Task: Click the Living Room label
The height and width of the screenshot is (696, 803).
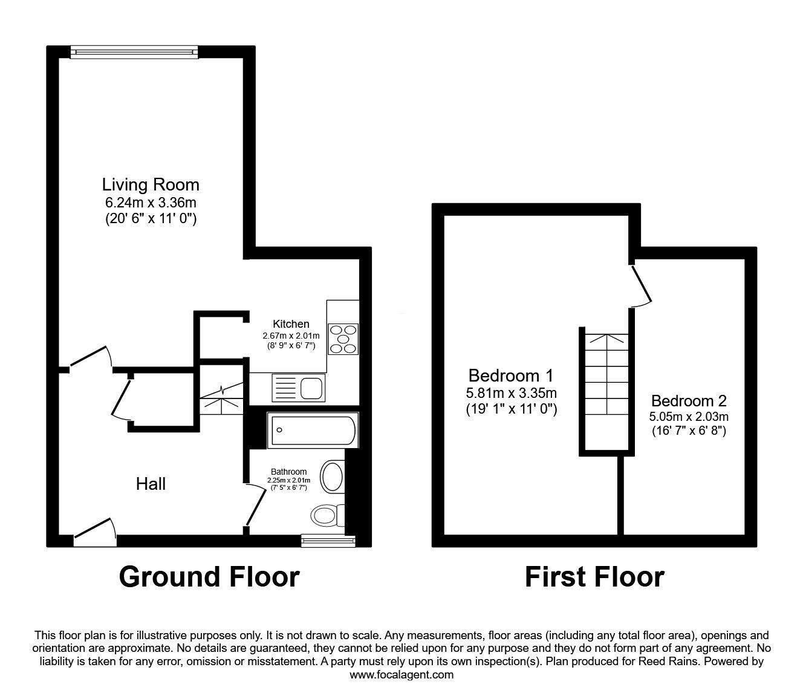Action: pyautogui.click(x=151, y=184)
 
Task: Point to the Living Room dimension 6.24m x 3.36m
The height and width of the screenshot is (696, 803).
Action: pyautogui.click(x=151, y=202)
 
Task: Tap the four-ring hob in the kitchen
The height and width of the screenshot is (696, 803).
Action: pyautogui.click(x=343, y=339)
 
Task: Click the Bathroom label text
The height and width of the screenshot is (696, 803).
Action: pyautogui.click(x=288, y=472)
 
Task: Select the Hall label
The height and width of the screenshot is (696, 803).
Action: pyautogui.click(x=151, y=484)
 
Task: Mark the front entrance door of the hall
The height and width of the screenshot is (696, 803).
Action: pyautogui.click(x=94, y=528)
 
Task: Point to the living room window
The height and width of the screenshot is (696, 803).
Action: pyautogui.click(x=134, y=53)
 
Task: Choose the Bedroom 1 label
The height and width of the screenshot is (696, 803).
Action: pyautogui.click(x=511, y=375)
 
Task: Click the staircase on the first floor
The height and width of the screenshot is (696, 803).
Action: pyautogui.click(x=605, y=390)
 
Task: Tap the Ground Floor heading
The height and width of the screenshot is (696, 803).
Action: pyautogui.click(x=209, y=577)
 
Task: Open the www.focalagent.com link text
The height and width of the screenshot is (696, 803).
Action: pyautogui.click(x=401, y=675)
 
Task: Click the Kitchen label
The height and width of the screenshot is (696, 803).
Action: pyautogui.click(x=291, y=324)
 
